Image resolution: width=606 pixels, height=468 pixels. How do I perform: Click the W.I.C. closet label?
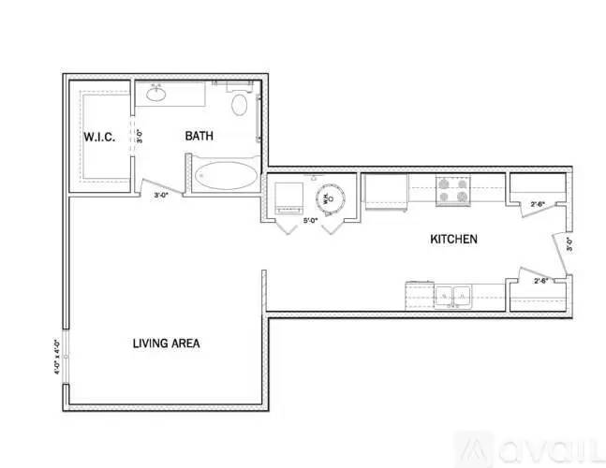point(98,138)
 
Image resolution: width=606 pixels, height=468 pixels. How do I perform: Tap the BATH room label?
point(199,137)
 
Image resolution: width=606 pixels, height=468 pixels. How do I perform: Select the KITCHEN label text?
point(453,240)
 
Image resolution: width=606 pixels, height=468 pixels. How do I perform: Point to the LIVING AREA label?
point(166,344)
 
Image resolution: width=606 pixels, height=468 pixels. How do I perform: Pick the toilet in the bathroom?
point(239,104)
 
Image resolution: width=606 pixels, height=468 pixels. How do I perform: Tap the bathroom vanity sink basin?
point(156,94)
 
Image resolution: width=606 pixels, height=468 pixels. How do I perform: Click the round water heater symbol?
point(330,198)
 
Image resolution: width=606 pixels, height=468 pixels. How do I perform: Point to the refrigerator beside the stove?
point(384,194)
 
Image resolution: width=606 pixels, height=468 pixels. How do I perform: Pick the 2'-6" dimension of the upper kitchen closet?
point(539,203)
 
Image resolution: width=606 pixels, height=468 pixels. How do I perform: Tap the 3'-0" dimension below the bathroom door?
point(162,196)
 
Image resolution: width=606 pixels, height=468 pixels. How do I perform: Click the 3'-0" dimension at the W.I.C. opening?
point(140,137)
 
